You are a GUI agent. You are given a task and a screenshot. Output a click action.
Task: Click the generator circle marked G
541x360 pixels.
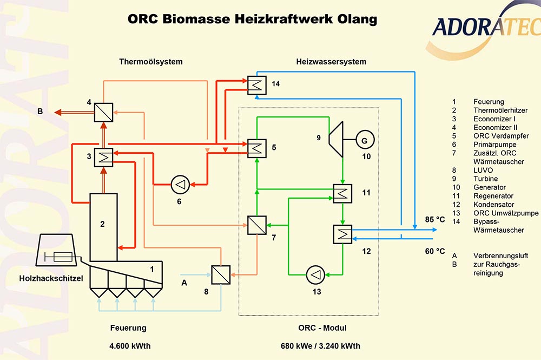[364, 141]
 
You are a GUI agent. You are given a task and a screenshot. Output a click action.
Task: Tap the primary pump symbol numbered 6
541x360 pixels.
[179, 185]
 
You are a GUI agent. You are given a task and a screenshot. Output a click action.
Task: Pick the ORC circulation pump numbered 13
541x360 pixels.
[314, 274]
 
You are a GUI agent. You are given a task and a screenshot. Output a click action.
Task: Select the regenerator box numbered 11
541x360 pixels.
[341, 193]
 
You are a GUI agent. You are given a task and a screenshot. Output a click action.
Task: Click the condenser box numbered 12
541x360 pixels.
[341, 234]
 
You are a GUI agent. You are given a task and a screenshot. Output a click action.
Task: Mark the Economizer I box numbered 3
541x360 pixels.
[103, 157]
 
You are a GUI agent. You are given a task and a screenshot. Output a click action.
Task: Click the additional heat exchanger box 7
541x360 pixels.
[256, 225]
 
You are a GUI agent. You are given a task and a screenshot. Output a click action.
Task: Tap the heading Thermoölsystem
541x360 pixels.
[151, 62]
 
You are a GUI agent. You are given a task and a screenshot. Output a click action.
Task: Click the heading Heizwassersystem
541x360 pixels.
[331, 62]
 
